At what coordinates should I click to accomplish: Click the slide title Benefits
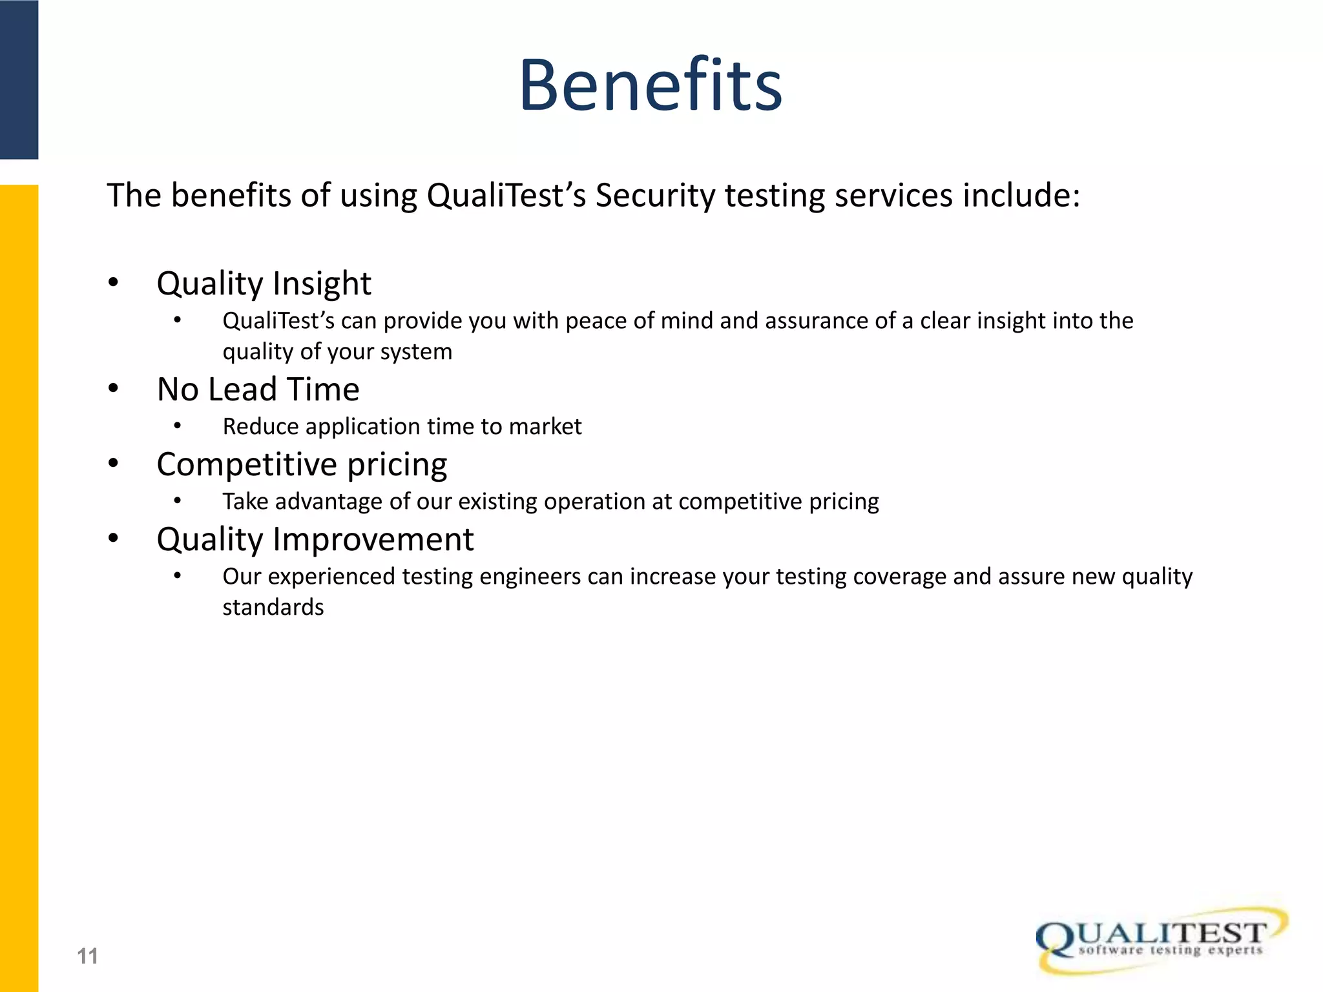click(651, 85)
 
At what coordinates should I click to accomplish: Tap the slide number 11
click(87, 956)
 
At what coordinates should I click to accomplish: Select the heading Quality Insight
click(264, 284)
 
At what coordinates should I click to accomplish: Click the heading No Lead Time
click(258, 389)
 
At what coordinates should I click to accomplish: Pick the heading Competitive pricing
click(302, 464)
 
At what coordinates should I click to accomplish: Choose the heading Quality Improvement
click(315, 539)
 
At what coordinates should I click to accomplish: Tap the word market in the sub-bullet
click(545, 427)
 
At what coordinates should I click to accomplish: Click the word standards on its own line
click(273, 608)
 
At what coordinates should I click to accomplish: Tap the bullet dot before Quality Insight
click(114, 282)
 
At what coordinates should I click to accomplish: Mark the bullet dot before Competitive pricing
click(114, 463)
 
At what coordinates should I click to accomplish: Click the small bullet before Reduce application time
click(177, 426)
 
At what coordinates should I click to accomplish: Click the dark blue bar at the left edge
click(19, 79)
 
